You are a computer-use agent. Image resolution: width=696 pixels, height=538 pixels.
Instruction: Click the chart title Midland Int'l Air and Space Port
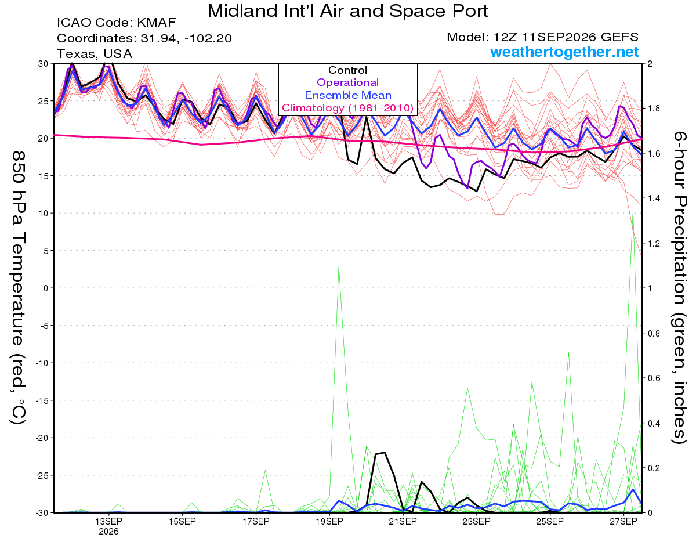pos(347,11)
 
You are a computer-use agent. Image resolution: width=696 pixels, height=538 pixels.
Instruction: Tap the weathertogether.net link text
pos(564,52)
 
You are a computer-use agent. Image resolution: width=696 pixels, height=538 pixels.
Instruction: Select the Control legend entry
pos(347,70)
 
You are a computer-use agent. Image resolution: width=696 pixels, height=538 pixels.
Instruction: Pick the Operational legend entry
pos(347,82)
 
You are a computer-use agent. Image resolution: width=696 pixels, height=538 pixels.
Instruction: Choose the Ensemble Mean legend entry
pos(348,95)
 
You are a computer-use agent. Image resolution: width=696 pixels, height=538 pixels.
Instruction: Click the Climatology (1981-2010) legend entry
pos(348,108)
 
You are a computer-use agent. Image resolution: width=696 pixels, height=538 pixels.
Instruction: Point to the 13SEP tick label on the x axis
pos(108,522)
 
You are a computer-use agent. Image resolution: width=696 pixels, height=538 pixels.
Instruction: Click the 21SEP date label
pos(403,522)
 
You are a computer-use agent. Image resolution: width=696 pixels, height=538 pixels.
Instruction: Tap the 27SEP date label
pos(623,522)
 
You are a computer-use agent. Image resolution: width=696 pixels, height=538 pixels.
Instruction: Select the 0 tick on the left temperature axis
pos(46,288)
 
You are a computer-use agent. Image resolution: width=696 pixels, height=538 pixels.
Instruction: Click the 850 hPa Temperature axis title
pos(18,288)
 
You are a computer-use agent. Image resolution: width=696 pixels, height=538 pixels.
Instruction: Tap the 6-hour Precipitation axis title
pos(679,287)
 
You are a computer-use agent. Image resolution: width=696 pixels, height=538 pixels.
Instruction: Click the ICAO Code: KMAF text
pos(116,23)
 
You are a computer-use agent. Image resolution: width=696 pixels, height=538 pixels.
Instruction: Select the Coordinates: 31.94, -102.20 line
pos(144,38)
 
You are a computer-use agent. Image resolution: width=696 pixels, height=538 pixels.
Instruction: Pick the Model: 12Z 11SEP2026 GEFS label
pos(542,37)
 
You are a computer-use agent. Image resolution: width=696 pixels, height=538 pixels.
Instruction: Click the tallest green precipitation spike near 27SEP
pos(633,211)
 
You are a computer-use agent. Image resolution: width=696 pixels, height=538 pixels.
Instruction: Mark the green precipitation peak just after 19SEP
pos(339,266)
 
